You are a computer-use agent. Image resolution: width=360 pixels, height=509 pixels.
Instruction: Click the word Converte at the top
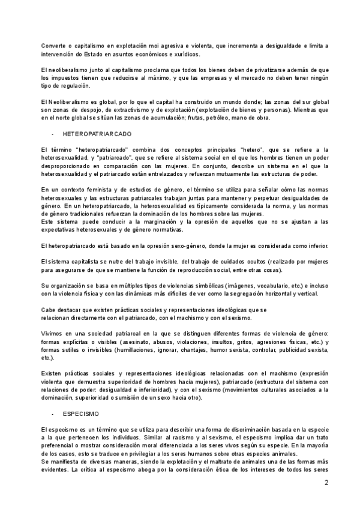53,46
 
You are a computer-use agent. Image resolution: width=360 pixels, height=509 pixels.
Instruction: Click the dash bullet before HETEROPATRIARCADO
53,133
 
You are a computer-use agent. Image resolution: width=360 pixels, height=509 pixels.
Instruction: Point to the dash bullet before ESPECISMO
53,414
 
